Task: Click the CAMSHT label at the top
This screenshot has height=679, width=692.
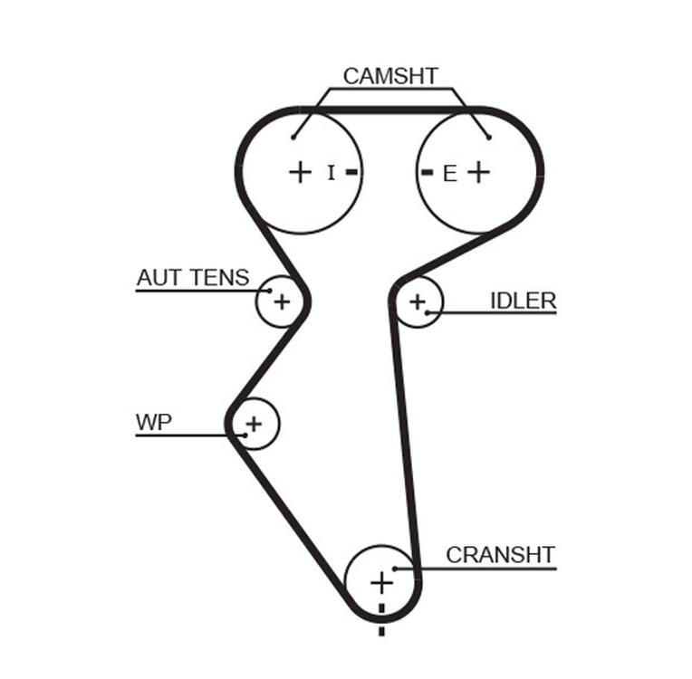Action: click(390, 76)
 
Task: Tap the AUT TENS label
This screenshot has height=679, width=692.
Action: click(192, 278)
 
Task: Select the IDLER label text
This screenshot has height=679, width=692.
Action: click(523, 301)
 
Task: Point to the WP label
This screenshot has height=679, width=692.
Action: click(153, 423)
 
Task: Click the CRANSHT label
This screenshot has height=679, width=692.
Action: click(500, 554)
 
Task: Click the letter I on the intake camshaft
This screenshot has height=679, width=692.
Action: click(331, 172)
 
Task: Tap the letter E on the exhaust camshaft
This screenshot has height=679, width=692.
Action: click(450, 174)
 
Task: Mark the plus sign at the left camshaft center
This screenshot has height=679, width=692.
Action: click(300, 172)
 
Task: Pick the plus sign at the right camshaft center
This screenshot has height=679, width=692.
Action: click(478, 172)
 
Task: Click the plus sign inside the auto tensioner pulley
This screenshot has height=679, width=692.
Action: click(282, 301)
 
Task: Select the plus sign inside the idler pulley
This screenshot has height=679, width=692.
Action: click(417, 301)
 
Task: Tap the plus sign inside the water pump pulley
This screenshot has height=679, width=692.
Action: click(254, 422)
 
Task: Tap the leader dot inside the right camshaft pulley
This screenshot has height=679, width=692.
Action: click(488, 138)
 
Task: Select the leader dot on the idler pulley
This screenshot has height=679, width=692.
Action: click(428, 313)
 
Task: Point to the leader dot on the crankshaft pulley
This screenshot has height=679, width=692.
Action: click(395, 569)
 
